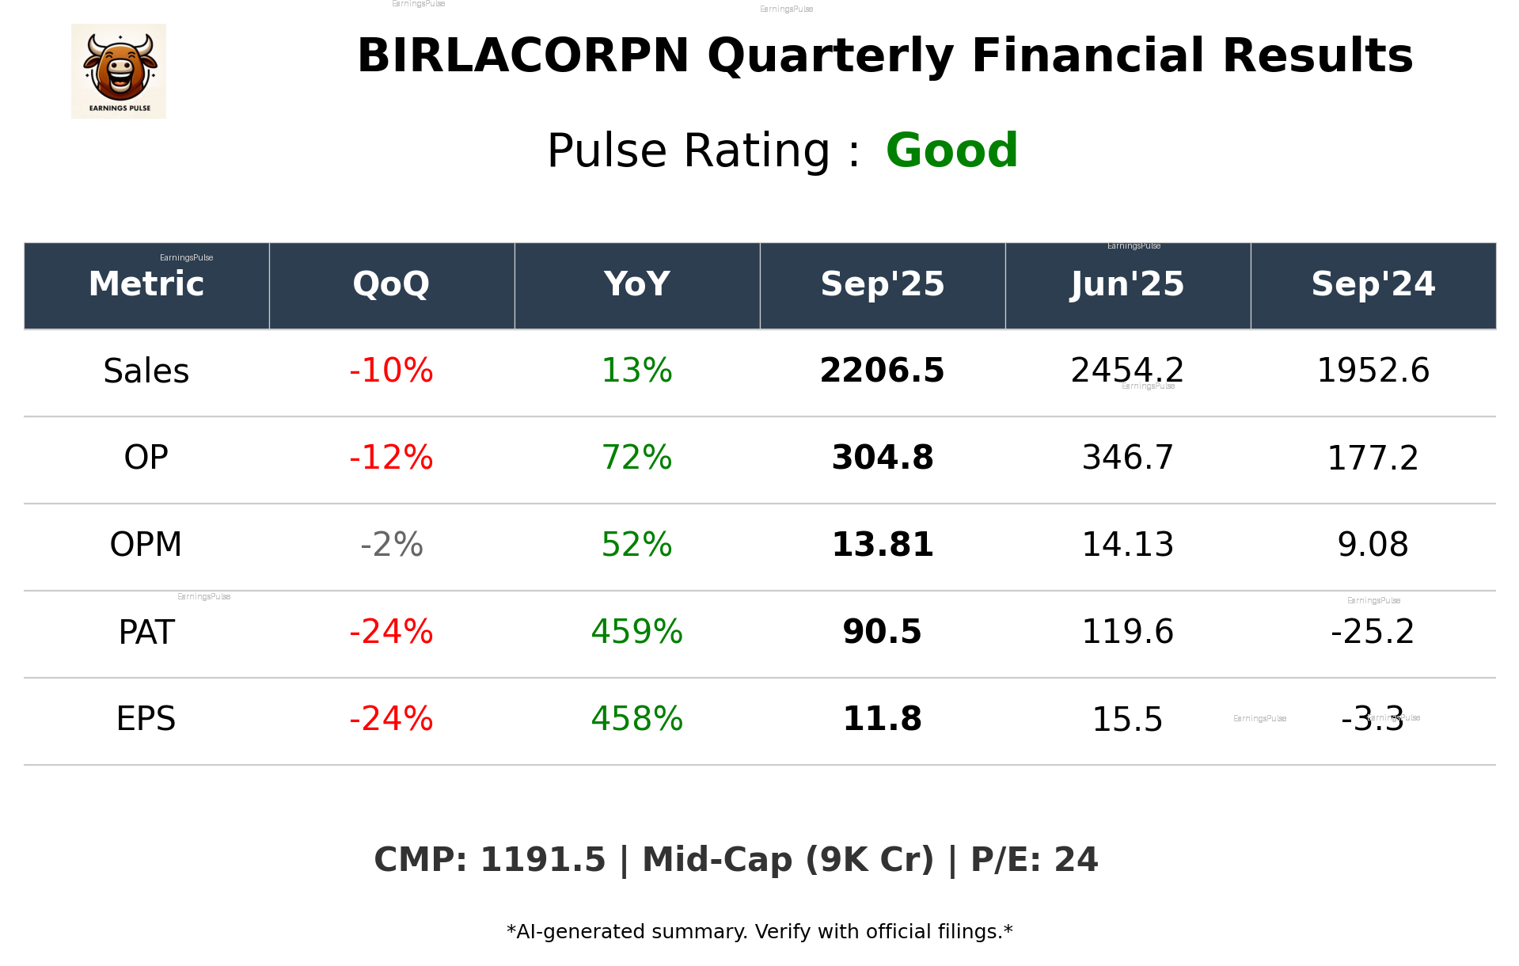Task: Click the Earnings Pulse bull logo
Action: [x=119, y=71]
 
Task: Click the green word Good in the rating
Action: [x=951, y=150]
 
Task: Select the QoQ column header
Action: [x=391, y=284]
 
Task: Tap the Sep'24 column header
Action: [x=1373, y=284]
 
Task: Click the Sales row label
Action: [x=146, y=371]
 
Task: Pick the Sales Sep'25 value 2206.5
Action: [x=882, y=371]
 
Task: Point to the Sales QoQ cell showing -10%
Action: [x=391, y=371]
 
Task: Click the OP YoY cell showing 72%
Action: [x=636, y=458]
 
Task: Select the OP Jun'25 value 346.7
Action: [x=1127, y=458]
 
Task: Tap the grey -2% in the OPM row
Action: [x=391, y=545]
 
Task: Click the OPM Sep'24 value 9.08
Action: [x=1373, y=545]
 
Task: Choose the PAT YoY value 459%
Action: [x=636, y=632]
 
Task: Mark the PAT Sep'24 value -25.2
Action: [x=1373, y=632]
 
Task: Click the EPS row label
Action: [x=146, y=719]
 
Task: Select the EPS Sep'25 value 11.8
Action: [x=882, y=719]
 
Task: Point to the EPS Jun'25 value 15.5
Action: [x=1127, y=720]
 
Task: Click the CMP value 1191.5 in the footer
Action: [x=542, y=860]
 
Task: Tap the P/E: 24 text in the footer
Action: [x=1034, y=860]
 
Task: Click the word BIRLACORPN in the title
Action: [x=523, y=56]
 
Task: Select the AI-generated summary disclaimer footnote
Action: [x=759, y=932]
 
